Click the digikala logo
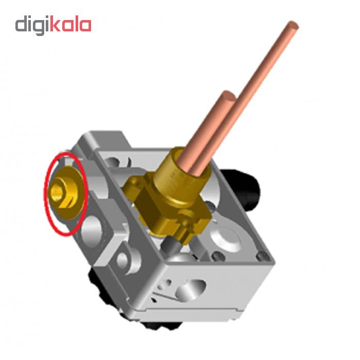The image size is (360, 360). point(53,25)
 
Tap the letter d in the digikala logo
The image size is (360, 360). point(21,24)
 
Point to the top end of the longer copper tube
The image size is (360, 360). point(293,25)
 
